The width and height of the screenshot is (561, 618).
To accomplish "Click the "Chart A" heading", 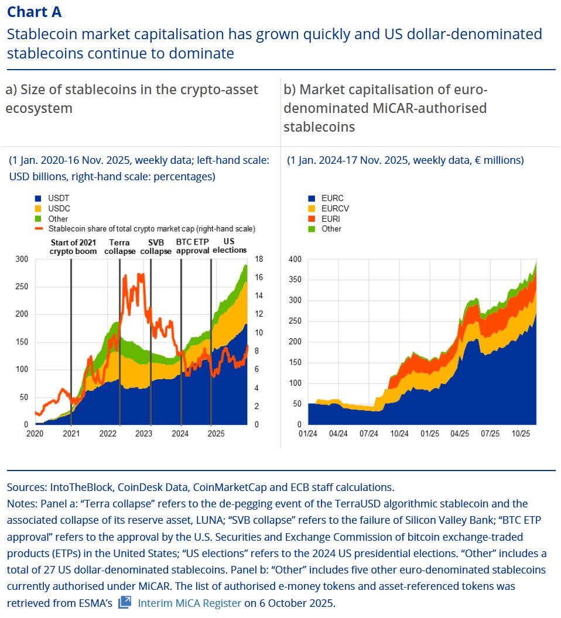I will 34,12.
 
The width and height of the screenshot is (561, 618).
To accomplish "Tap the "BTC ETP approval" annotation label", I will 192,246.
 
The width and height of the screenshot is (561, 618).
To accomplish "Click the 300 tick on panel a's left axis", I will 21,259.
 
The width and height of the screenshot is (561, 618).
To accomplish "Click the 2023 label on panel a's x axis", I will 144,434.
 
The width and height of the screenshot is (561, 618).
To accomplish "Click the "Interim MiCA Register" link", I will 189,603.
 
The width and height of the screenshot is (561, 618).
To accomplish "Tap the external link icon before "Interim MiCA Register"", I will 125,602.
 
